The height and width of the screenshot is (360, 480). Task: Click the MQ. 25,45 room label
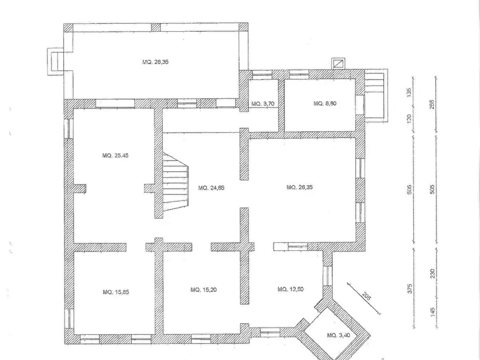coord(116,155)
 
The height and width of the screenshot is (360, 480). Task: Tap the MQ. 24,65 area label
coord(211,188)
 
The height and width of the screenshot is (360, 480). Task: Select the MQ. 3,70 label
coord(263,104)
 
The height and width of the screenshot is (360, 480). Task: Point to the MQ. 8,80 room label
coord(325,104)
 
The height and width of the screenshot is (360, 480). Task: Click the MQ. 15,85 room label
coord(116,292)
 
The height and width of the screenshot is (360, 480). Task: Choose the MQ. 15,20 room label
coord(204,290)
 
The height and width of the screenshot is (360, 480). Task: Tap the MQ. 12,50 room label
coord(290,289)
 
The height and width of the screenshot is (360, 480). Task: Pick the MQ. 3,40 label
coord(338,335)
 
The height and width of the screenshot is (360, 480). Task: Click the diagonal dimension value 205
coord(367,296)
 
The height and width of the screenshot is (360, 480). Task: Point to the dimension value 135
coord(409,92)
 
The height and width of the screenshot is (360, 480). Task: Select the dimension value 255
coord(432,104)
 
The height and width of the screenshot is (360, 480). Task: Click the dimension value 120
coord(409,118)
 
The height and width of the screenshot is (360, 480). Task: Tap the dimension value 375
coord(410,289)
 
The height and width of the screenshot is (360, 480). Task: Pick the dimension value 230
coord(432,273)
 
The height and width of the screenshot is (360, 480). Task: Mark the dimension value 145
coord(432,312)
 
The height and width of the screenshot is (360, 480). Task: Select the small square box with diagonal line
coord(338,64)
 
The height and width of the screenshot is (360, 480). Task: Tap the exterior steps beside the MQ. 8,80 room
coord(376,95)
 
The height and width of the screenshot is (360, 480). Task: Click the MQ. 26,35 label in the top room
coord(155,62)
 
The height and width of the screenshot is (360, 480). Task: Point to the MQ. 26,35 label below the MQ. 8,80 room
coord(299,187)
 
